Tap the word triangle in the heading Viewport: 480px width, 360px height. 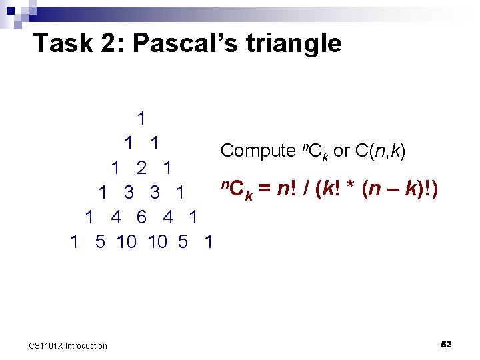coord(294,44)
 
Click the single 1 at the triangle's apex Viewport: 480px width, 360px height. coord(141,119)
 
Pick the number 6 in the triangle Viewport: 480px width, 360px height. coord(141,217)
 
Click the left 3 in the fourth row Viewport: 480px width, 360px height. coord(129,193)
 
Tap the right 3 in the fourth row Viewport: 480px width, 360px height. coord(155,193)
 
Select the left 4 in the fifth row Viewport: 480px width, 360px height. coord(116,217)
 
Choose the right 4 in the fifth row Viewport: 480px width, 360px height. coord(167,217)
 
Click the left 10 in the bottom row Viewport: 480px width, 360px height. coord(126,242)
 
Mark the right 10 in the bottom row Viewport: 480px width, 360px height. coord(157,242)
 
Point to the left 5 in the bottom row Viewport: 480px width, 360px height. coord(100,242)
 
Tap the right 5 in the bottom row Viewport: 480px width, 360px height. coord(183,242)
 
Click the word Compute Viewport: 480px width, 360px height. coord(257,151)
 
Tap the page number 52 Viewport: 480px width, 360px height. coord(446,344)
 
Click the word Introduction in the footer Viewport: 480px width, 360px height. coord(86,345)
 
